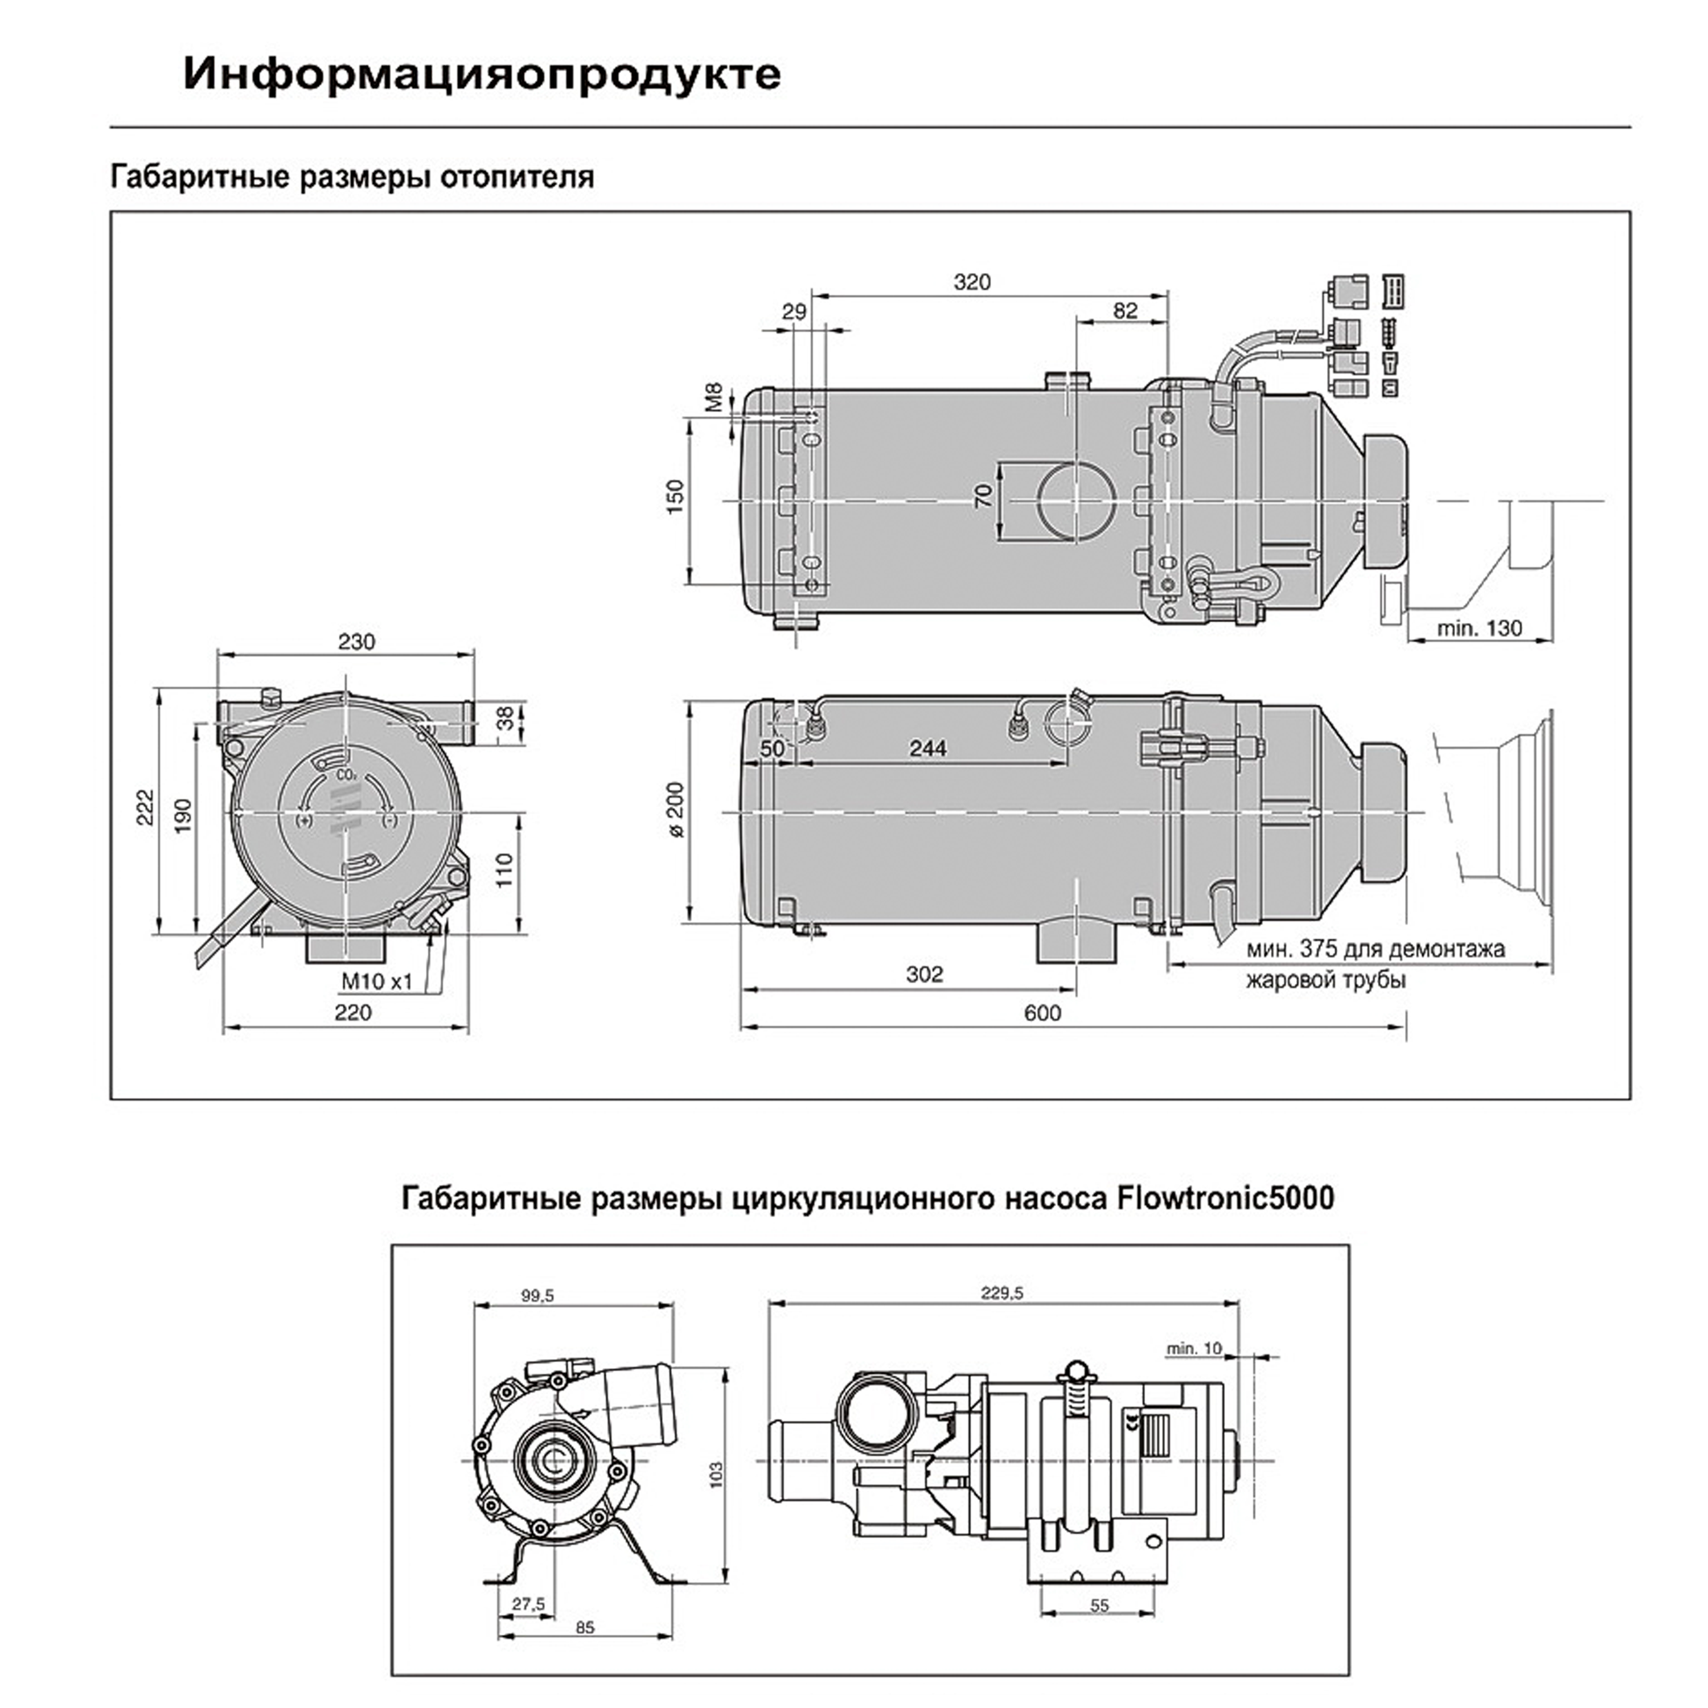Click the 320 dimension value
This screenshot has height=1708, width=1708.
tap(972, 282)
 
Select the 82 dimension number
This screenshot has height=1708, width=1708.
tap(1126, 310)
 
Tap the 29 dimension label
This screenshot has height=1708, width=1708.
tap(794, 311)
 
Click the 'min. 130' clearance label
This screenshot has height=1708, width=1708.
tap(1480, 629)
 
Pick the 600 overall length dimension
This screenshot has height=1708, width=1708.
tap(1042, 1013)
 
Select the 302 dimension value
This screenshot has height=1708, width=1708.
tap(925, 974)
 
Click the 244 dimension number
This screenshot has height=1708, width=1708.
tap(928, 748)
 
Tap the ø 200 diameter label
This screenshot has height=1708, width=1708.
tap(676, 810)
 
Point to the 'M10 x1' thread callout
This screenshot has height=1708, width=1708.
tap(377, 982)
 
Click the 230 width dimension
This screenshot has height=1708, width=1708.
tap(356, 642)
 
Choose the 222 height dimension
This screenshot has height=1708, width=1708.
tap(144, 807)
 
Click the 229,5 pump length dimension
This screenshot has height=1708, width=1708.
tap(1001, 1294)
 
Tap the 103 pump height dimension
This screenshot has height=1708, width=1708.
tap(716, 1474)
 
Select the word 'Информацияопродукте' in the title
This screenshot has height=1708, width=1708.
tap(482, 74)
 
